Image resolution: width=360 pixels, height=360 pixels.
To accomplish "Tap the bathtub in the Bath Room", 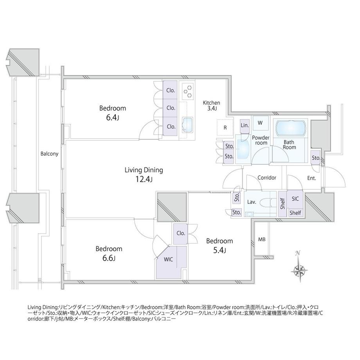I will coord(290,128).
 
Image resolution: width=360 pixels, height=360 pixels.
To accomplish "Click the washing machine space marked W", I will coord(260,123).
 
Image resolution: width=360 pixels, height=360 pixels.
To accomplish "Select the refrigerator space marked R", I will coord(225,128).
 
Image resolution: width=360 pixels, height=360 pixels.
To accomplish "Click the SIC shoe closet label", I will coord(295,199).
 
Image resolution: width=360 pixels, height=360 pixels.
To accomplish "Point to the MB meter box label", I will coord(261,239).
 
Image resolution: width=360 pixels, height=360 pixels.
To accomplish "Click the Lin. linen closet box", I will coord(245,125).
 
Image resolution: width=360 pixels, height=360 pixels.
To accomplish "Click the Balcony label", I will coord(49,154).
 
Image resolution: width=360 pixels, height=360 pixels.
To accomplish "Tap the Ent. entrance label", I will coord(311,178).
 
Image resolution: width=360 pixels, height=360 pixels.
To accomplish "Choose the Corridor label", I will coord(267,178).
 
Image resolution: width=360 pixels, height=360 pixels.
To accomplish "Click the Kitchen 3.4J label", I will coord(211,106).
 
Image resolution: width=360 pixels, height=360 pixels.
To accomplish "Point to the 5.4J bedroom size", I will coord(219,251).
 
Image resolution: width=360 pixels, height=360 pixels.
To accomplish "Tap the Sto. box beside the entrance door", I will coord(316,158).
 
